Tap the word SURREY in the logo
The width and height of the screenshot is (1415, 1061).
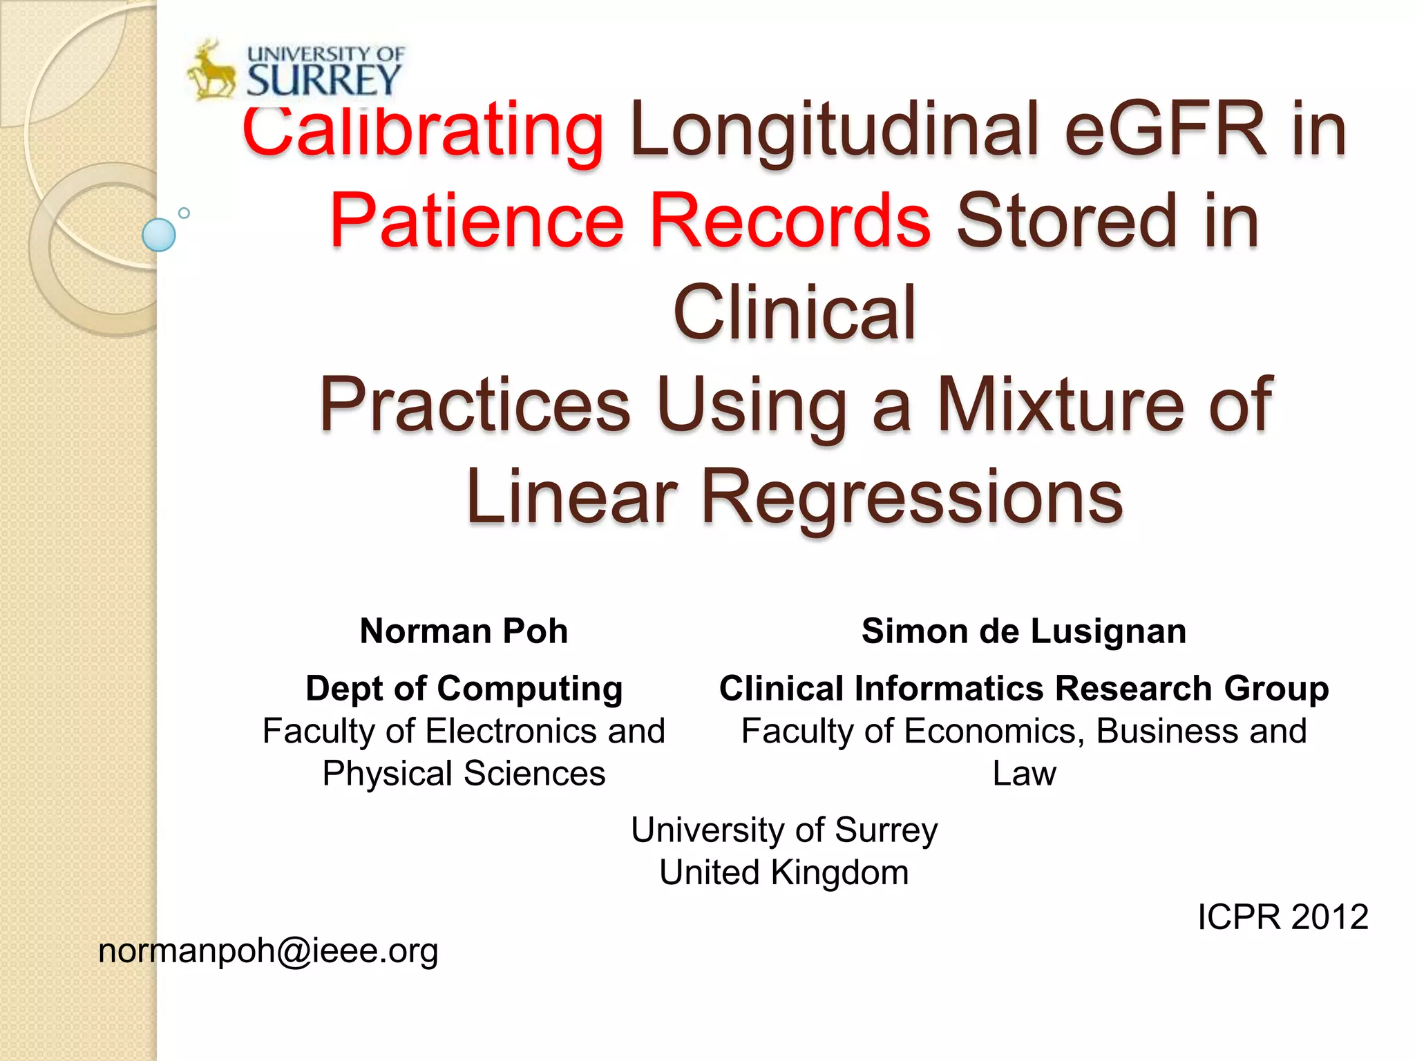323,80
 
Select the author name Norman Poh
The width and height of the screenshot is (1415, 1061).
464,631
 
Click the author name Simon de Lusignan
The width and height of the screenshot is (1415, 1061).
1024,631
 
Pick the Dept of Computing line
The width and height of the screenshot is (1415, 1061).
464,689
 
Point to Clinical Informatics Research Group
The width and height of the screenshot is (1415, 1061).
1024,689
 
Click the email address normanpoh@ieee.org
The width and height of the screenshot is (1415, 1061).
268,951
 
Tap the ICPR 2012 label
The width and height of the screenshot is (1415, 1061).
1282,917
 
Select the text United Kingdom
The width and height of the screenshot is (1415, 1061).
784,872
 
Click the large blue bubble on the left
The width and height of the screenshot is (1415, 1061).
159,235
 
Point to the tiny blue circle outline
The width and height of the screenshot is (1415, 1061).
184,213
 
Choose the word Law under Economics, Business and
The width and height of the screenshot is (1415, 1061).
1024,774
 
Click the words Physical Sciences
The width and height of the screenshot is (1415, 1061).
464,774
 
